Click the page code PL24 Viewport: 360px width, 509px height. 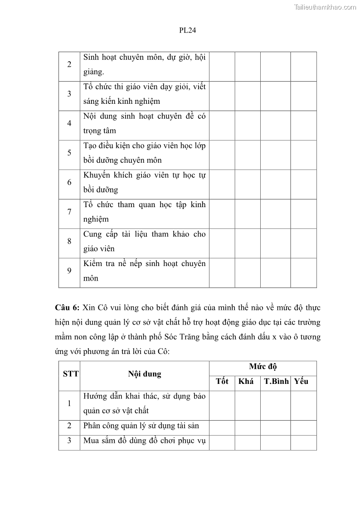pyautogui.click(x=187, y=30)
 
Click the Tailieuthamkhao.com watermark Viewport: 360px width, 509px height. pyautogui.click(x=325, y=7)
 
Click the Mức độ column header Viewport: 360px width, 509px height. pyautogui.click(x=263, y=367)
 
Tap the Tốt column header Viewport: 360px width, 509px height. pyautogui.click(x=222, y=381)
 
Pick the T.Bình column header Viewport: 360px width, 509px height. pyautogui.click(x=276, y=381)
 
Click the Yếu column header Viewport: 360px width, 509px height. pyautogui.click(x=301, y=381)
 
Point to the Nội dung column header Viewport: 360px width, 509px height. pyautogui.click(x=144, y=374)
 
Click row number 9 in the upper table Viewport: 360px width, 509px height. pyautogui.click(x=69, y=271)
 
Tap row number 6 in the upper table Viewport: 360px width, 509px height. pyautogui.click(x=69, y=182)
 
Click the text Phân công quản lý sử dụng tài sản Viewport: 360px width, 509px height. pyautogui.click(x=141, y=426)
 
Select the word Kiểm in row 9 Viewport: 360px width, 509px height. pyautogui.click(x=93, y=263)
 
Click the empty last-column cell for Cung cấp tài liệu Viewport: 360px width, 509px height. pyautogui.click(x=303, y=241)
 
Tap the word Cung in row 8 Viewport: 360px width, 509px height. pyautogui.click(x=92, y=234)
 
